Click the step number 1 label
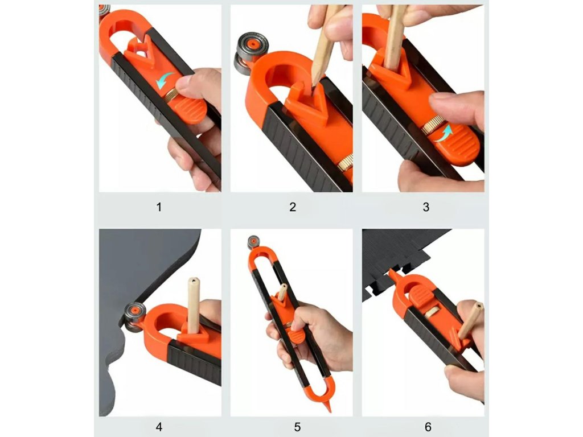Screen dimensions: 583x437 point(159,207)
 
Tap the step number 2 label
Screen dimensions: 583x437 point(293,207)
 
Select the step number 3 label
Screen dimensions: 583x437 point(426,207)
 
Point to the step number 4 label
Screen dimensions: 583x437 point(159,427)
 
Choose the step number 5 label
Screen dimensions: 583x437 point(297,427)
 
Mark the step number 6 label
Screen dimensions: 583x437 point(428,427)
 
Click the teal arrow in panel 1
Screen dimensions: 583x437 point(165,80)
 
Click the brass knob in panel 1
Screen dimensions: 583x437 point(171,96)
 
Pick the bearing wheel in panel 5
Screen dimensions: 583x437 point(253,242)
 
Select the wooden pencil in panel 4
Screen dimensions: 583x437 point(194,305)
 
